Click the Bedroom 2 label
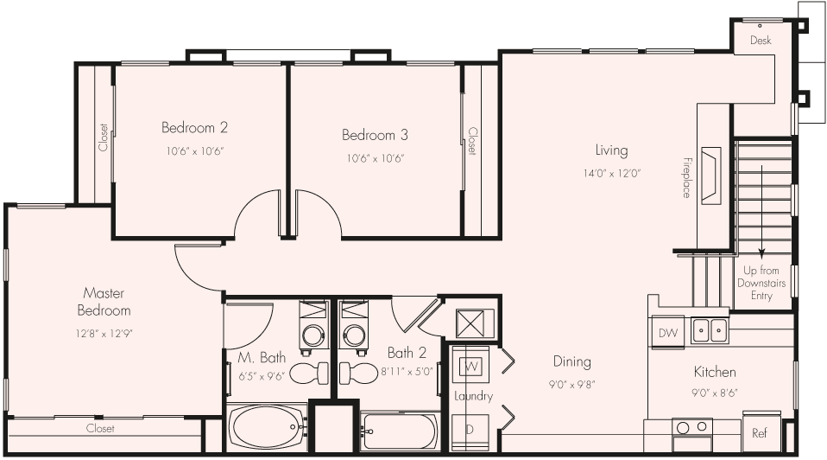[x=194, y=128]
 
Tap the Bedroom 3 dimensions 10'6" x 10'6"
[x=375, y=158]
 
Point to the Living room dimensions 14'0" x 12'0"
[x=610, y=173]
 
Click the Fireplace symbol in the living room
[x=710, y=176]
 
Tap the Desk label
[x=760, y=41]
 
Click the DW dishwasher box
[x=667, y=333]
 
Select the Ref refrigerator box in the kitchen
[x=760, y=433]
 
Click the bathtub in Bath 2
[x=401, y=431]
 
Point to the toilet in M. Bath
[x=310, y=373]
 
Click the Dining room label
[x=572, y=361]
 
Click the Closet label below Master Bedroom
[x=100, y=428]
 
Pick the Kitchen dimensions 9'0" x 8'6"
[x=716, y=392]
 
